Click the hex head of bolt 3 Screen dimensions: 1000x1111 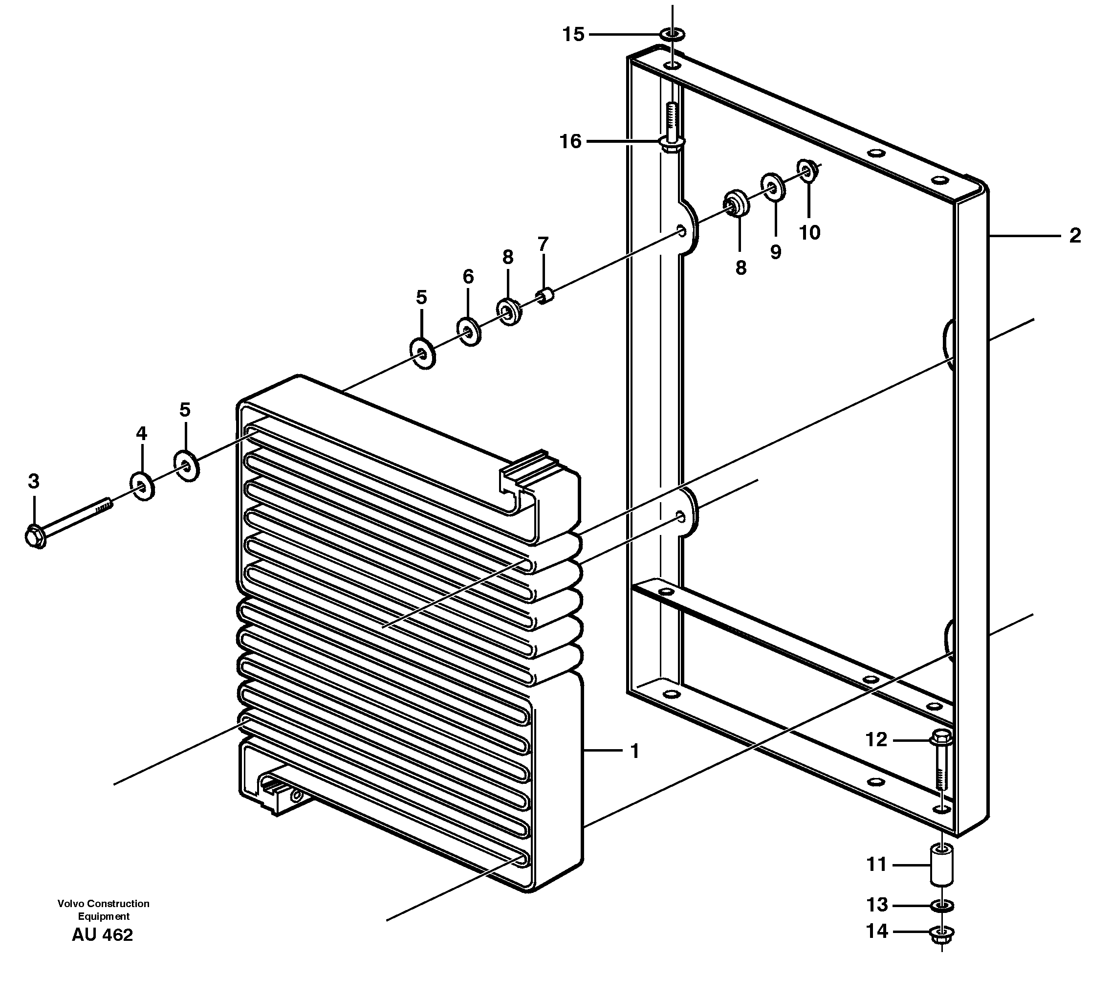point(36,536)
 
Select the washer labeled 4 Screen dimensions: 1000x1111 point(142,486)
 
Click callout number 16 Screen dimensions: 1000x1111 point(570,142)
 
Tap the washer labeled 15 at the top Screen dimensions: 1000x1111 point(672,35)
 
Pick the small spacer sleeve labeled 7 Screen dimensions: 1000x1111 point(545,297)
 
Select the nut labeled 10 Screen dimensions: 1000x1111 point(808,169)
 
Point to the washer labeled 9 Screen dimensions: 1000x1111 point(773,188)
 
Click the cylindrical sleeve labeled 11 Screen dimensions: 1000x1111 point(941,867)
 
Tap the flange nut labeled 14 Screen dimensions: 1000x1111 point(942,933)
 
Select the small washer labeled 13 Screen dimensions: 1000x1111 point(942,905)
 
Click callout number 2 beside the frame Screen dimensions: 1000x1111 point(1075,236)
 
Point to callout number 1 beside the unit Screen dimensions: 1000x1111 point(635,751)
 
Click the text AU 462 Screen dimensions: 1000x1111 point(102,935)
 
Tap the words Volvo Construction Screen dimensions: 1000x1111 point(103,904)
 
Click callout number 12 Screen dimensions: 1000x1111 point(876,739)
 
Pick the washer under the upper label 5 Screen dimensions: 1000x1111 point(422,354)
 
